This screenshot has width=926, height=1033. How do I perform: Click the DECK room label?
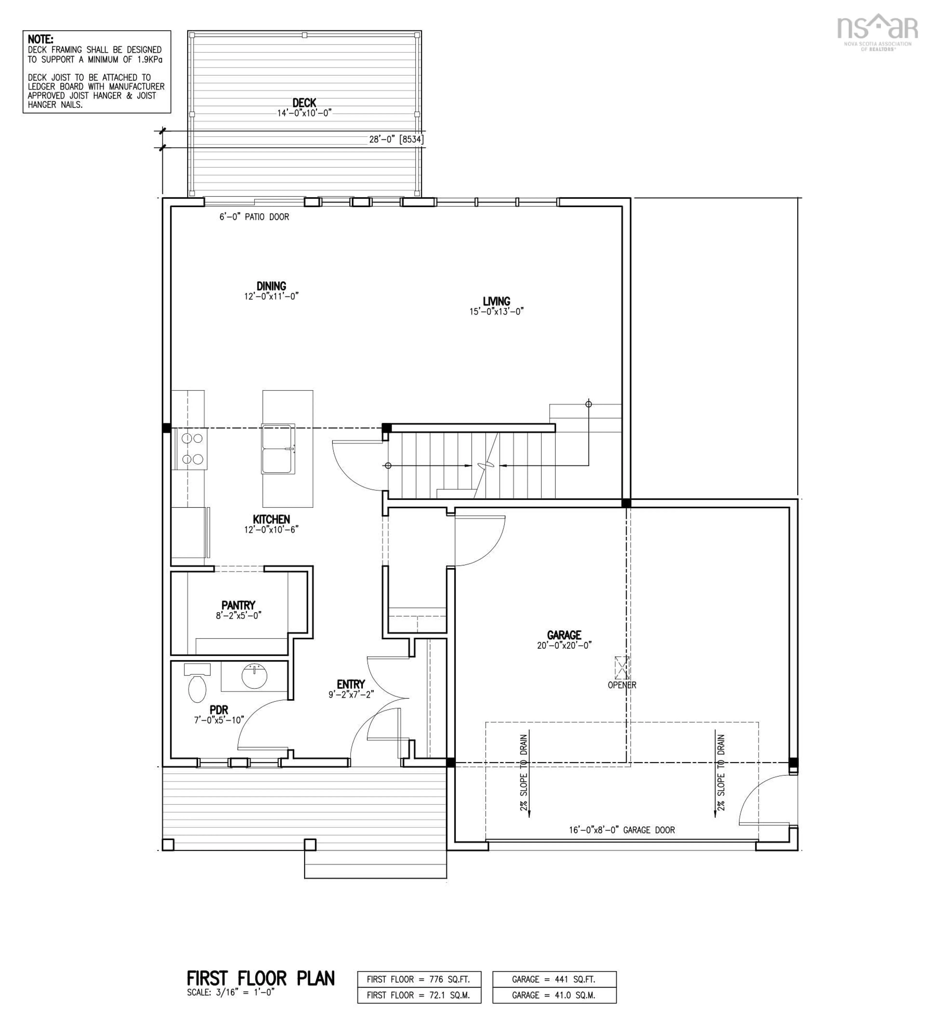pos(304,103)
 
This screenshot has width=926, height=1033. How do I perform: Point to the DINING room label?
pos(271,286)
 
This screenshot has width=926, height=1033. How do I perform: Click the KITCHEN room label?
pos(271,519)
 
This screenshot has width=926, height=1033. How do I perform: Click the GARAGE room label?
pos(564,635)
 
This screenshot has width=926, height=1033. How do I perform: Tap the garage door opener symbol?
pos(622,668)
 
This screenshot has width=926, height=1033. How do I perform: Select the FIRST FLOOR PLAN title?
pos(260,978)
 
